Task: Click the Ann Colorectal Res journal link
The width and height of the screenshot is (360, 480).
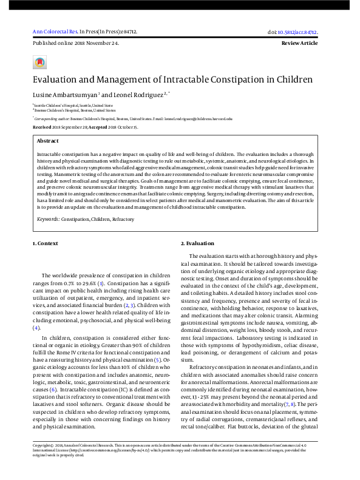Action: click(x=52, y=31)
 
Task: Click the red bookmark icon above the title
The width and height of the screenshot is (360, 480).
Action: click(x=39, y=62)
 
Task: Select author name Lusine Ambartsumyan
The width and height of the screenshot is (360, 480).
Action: click(x=66, y=96)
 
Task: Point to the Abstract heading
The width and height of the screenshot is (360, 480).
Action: click(x=48, y=141)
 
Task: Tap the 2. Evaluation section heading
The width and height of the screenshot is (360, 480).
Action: click(x=198, y=243)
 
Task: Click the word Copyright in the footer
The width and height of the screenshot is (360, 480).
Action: click(x=44, y=445)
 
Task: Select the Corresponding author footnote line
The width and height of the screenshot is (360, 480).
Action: click(x=132, y=120)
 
